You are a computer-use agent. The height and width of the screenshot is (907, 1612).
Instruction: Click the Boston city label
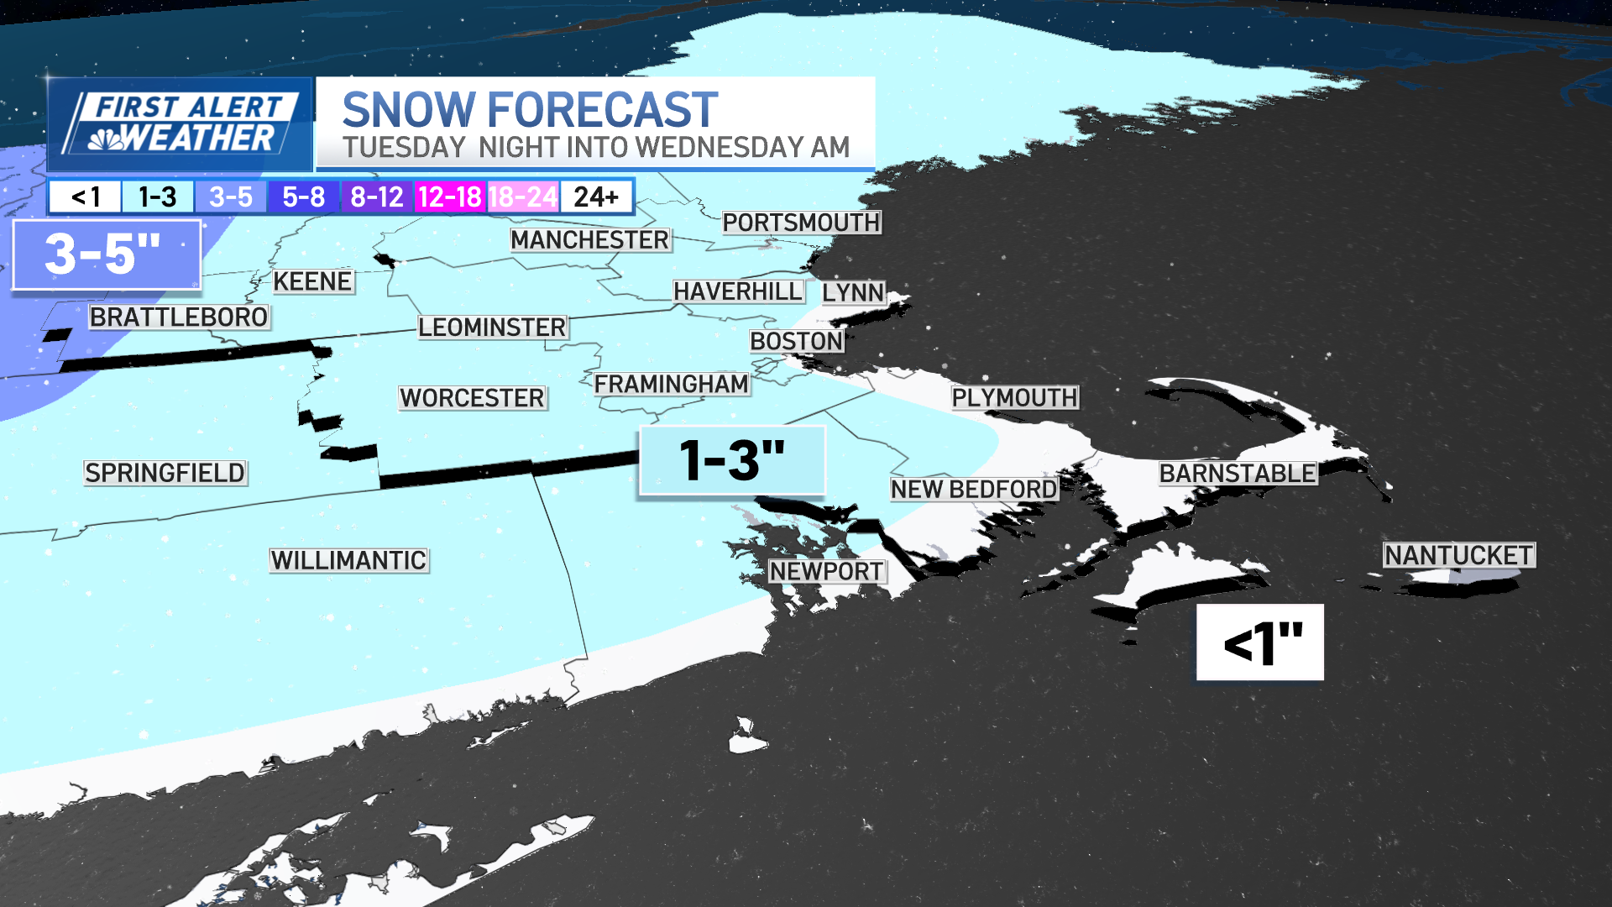(796, 341)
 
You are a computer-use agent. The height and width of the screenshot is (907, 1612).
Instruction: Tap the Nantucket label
(1459, 555)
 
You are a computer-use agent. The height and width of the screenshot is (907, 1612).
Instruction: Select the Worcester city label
(473, 397)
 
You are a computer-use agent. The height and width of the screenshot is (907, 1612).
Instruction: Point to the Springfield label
(165, 473)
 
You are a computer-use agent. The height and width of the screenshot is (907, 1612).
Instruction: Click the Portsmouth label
(801, 223)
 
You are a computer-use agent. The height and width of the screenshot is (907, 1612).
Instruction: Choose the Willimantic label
(348, 560)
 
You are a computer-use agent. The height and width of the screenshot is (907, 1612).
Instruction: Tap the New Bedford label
(974, 489)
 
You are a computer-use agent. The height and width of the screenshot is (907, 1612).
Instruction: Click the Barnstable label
(1238, 473)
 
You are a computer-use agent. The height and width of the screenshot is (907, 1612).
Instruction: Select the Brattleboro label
(179, 317)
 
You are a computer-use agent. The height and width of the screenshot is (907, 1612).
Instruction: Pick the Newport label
(826, 571)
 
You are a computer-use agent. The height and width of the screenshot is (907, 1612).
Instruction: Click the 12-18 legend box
(450, 197)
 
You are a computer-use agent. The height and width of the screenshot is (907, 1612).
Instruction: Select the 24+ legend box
(596, 197)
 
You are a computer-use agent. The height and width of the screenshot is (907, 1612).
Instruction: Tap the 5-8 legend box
(303, 197)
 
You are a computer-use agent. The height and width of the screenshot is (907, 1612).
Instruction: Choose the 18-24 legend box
(523, 197)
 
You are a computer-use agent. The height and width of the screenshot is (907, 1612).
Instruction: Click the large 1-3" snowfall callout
(732, 460)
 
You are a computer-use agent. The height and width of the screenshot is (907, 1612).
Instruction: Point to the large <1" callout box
(1260, 642)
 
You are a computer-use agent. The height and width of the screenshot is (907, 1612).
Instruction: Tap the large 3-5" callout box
(107, 254)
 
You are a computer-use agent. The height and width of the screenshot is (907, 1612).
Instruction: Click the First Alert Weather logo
(180, 123)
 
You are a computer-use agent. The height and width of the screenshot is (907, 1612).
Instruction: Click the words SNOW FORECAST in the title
(530, 110)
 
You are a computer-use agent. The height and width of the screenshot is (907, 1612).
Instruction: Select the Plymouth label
(1014, 397)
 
